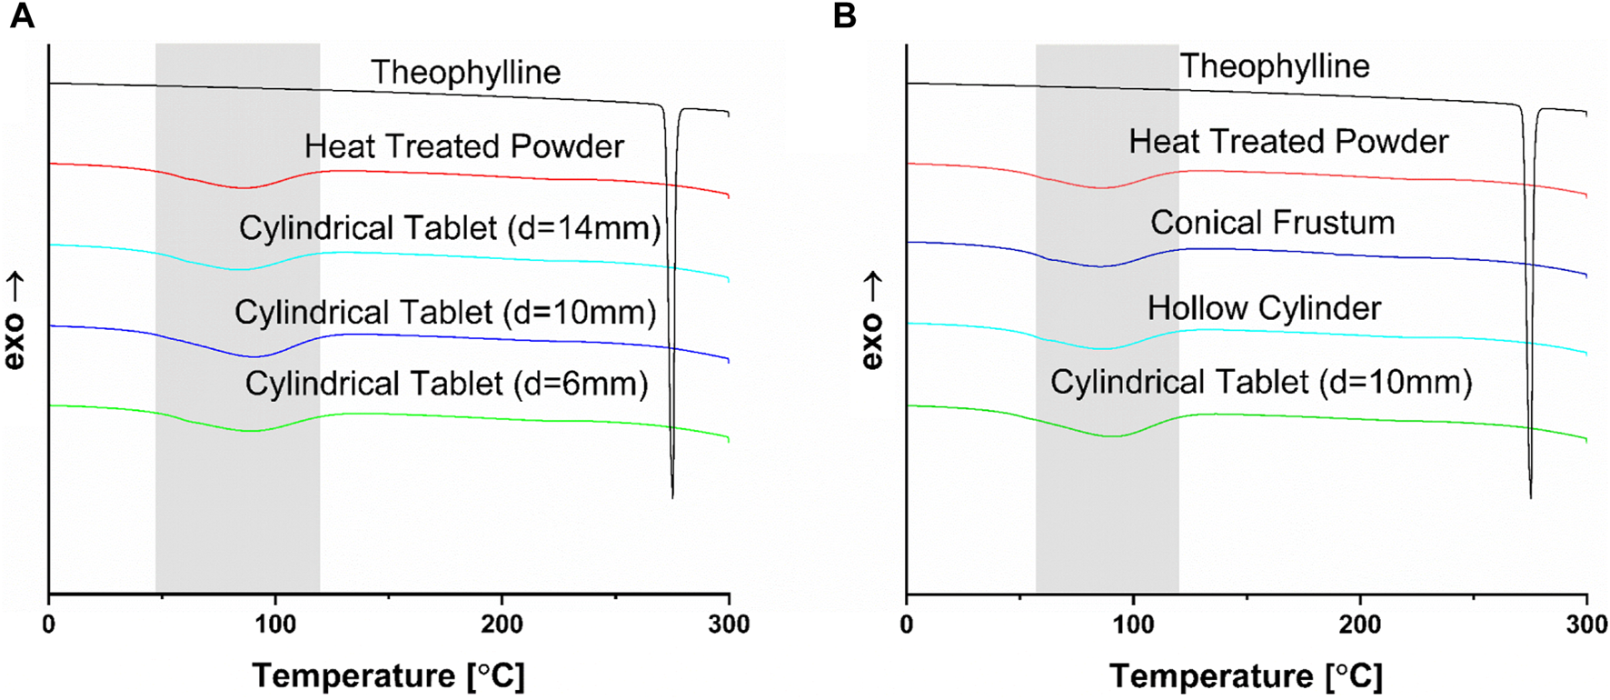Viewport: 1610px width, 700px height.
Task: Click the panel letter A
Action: pyautogui.click(x=22, y=15)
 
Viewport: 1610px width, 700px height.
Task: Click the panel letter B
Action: pyautogui.click(x=844, y=15)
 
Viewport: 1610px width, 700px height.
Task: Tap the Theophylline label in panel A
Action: pyautogui.click(x=465, y=73)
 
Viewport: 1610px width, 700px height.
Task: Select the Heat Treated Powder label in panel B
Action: pyautogui.click(x=1288, y=142)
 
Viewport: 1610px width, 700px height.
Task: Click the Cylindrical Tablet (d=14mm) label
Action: pyautogui.click(x=450, y=228)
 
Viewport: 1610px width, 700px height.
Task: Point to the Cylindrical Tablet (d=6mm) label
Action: pyautogui.click(x=446, y=384)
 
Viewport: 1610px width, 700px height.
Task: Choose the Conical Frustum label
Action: pyautogui.click(x=1272, y=223)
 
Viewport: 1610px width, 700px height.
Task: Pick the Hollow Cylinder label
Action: pyautogui.click(x=1264, y=308)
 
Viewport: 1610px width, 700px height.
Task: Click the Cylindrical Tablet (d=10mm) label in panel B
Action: pyautogui.click(x=1261, y=382)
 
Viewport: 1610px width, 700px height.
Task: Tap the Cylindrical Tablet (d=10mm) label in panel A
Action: pyautogui.click(x=445, y=313)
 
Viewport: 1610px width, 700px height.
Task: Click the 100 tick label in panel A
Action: pyautogui.click(x=275, y=625)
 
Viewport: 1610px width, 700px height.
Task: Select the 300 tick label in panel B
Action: pyautogui.click(x=1586, y=625)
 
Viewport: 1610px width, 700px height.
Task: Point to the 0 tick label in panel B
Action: pyautogui.click(x=907, y=625)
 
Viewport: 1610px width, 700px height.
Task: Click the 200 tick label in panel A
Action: pyautogui.click(x=502, y=625)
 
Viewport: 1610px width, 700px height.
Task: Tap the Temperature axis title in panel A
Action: pyautogui.click(x=388, y=676)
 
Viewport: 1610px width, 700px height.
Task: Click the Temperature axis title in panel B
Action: pyautogui.click(x=1246, y=676)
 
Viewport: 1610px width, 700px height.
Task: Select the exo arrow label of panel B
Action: pyautogui.click(x=871, y=320)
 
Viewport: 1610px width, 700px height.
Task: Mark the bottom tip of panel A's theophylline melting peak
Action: pyautogui.click(x=672, y=497)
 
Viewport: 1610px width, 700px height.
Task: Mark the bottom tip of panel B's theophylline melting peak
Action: pyautogui.click(x=1531, y=497)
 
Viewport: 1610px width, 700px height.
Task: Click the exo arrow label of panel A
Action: pyautogui.click(x=14, y=320)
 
